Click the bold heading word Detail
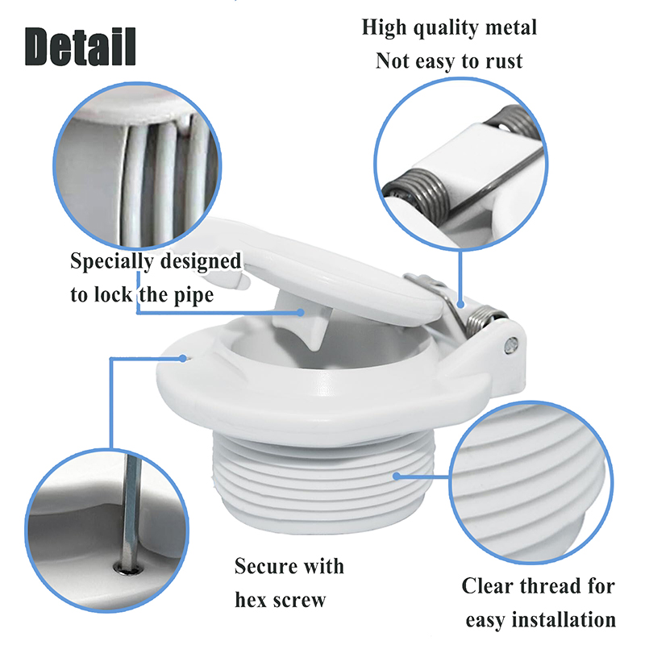[80, 46]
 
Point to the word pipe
[193, 295]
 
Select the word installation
[564, 619]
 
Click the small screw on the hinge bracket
[511, 344]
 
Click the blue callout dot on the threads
[397, 476]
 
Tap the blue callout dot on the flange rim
[183, 358]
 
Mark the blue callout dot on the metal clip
[460, 305]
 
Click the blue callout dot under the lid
[301, 312]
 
